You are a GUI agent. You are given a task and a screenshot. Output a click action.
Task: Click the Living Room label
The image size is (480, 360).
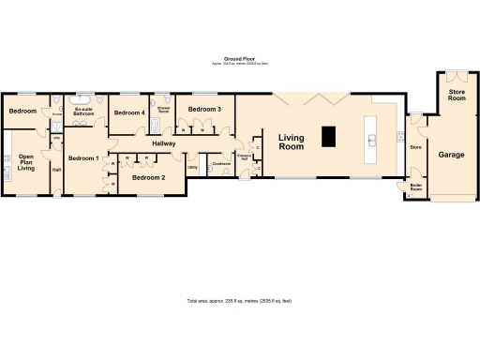click(292, 142)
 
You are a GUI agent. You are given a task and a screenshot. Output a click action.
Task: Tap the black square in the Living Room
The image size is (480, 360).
click(328, 137)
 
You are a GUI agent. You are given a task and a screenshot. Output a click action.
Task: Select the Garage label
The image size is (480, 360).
click(451, 154)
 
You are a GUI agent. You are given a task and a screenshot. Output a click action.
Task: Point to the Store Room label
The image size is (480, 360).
click(456, 94)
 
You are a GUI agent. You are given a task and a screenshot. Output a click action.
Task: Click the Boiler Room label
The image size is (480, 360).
click(415, 187)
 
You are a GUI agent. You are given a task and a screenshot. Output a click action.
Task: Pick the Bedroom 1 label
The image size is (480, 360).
click(83, 157)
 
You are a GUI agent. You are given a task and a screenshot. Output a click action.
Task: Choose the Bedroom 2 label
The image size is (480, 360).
click(148, 177)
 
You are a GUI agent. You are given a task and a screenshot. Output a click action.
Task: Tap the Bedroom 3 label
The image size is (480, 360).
click(204, 110)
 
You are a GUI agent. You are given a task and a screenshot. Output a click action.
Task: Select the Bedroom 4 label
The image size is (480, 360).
click(129, 112)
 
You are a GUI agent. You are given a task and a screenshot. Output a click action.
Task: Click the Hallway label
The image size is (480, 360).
click(164, 143)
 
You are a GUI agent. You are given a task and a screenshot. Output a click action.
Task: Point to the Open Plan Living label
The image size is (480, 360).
click(26, 162)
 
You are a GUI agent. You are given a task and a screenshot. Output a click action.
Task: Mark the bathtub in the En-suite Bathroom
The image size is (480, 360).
click(82, 98)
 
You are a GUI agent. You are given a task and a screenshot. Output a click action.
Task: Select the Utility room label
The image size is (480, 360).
click(192, 168)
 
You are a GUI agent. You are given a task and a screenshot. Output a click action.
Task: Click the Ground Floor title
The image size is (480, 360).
click(239, 58)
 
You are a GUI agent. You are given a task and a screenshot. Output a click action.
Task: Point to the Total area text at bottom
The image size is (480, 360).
click(239, 301)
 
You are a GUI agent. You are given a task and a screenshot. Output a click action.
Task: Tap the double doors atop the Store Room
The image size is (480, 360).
click(456, 75)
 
